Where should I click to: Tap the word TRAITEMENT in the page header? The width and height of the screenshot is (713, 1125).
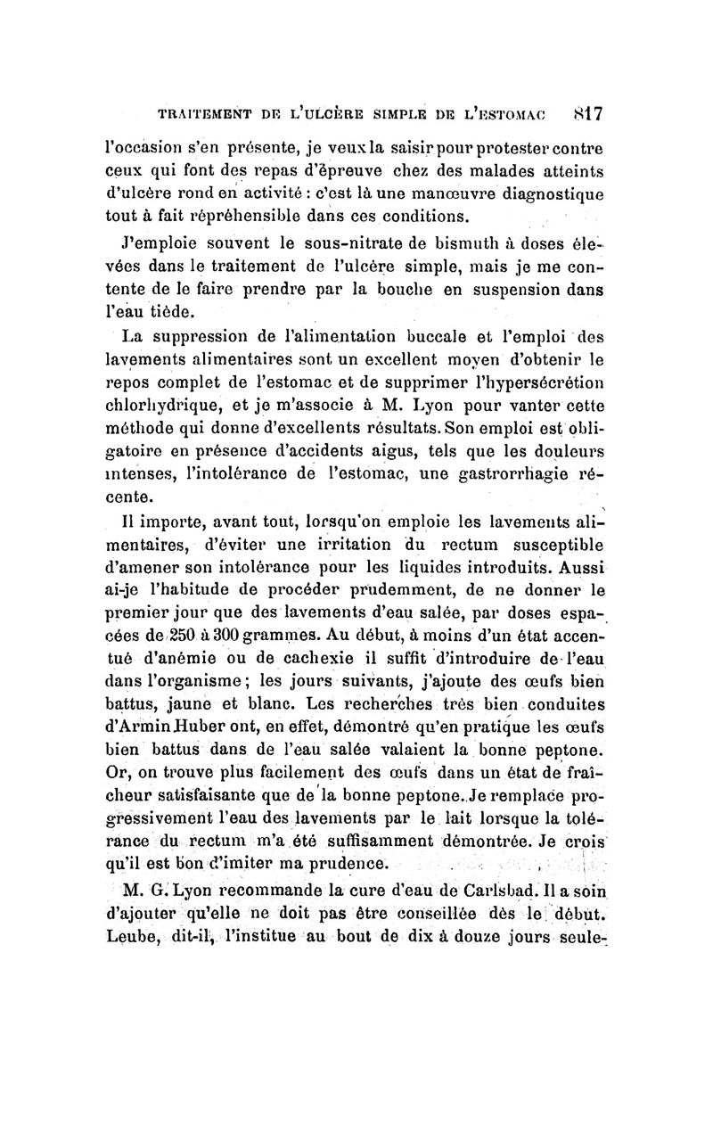(203, 115)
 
